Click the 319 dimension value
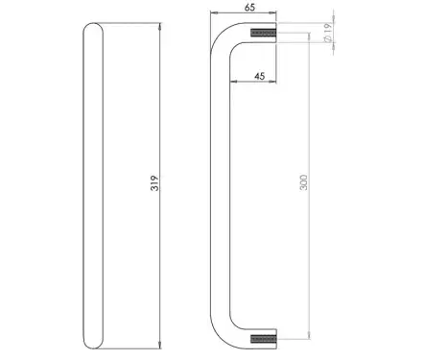[154, 183]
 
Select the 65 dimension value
[249, 8]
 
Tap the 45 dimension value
[260, 76]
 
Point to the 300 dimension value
[304, 182]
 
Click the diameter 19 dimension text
[327, 33]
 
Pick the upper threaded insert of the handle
[263, 33]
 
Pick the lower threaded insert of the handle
[263, 339]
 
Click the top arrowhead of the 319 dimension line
[160, 26]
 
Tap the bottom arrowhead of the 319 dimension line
[160, 345]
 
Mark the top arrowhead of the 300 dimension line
[309, 36]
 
